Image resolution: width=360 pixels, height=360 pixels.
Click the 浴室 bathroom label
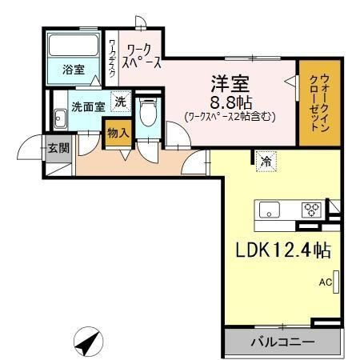[74, 70]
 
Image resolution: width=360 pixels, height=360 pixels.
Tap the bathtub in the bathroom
[74, 45]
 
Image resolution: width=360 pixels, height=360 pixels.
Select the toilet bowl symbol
[148, 113]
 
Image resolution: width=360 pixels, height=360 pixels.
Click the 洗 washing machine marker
[121, 102]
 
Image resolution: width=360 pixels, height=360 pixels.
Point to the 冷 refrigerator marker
[266, 162]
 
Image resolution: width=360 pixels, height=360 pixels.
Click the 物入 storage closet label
[118, 133]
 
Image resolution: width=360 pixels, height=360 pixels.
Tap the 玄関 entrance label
[58, 148]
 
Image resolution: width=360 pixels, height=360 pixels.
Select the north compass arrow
[88, 342]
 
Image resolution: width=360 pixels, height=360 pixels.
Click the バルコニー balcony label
[282, 342]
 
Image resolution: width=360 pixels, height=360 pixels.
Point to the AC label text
[326, 282]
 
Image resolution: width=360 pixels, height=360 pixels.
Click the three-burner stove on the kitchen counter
[311, 210]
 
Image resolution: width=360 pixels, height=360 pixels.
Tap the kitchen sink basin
[270, 210]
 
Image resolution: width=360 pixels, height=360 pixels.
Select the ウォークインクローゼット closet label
[319, 102]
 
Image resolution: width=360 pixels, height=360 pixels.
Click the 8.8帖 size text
[231, 102]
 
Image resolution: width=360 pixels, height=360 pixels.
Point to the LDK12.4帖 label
[283, 250]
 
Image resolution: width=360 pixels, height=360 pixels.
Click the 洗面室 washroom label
[88, 107]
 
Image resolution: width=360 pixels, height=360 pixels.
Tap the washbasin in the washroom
[61, 118]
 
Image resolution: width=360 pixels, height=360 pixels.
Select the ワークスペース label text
[142, 56]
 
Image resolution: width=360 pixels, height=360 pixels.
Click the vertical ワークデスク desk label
[113, 58]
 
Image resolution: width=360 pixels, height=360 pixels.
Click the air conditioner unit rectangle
[336, 282]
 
